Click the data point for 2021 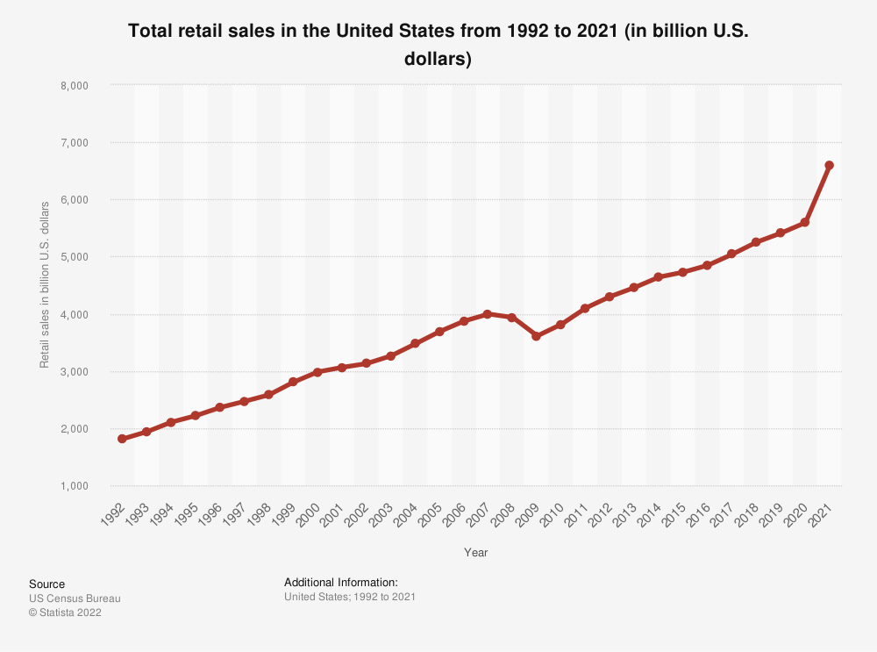(829, 165)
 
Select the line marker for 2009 (536, 336)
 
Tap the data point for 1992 (122, 439)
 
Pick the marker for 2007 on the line (488, 313)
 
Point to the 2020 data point (804, 223)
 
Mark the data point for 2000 (317, 372)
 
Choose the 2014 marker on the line (658, 277)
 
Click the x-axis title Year (476, 553)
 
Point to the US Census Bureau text (75, 598)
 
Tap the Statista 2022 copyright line (65, 613)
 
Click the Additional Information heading (341, 583)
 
